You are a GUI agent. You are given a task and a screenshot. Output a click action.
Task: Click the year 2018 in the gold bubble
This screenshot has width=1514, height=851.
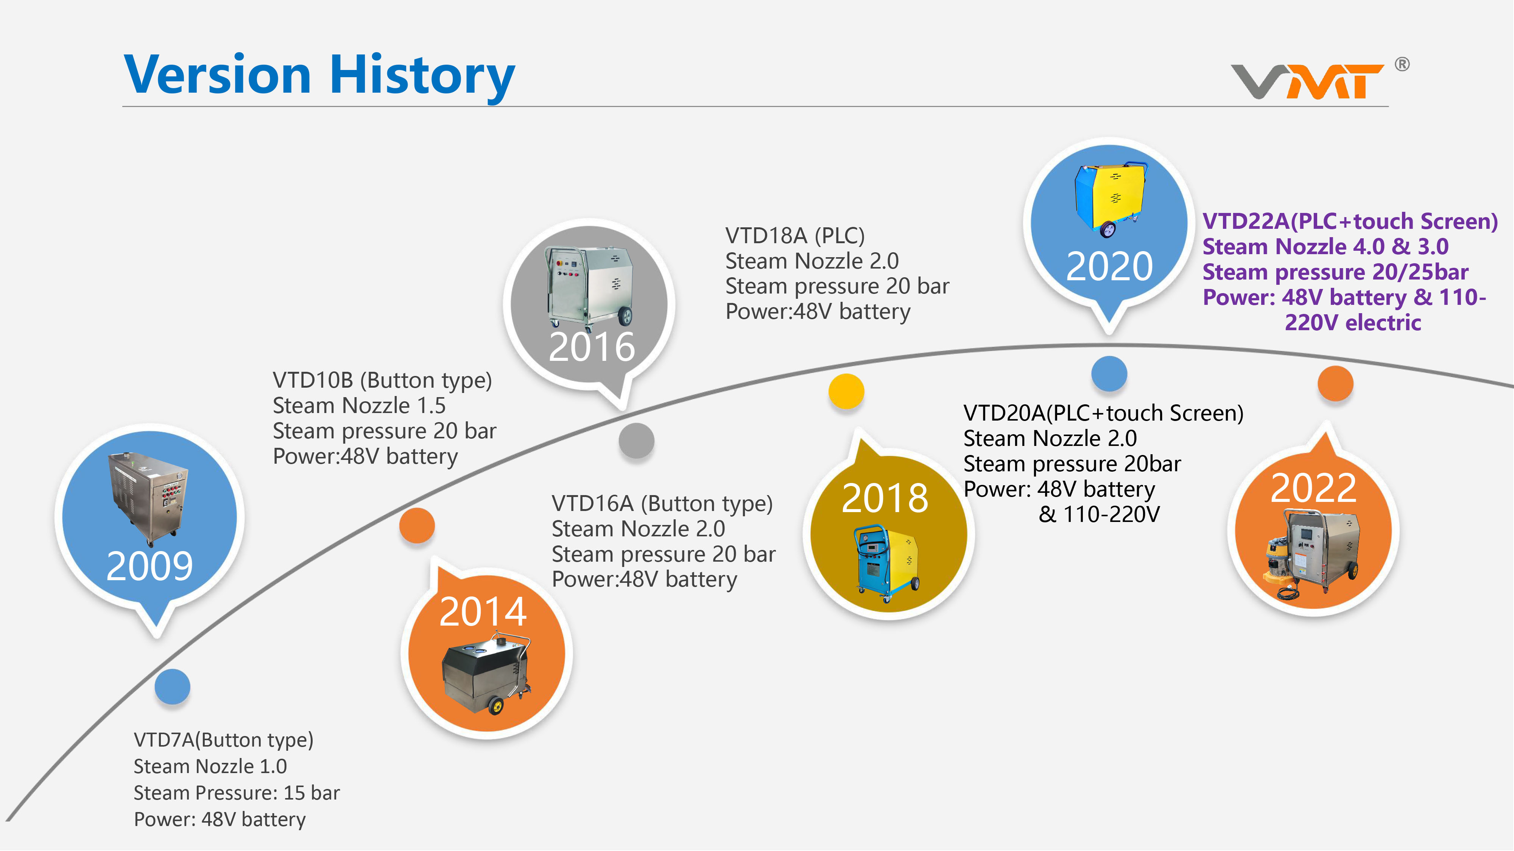(x=885, y=498)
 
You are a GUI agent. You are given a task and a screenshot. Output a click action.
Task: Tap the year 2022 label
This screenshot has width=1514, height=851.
(x=1313, y=488)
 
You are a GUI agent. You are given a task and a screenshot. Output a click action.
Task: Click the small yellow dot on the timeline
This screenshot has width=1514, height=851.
(x=846, y=391)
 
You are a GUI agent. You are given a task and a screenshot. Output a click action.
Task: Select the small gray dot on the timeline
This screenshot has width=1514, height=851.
(x=637, y=441)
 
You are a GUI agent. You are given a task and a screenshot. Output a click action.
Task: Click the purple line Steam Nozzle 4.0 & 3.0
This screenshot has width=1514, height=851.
(x=1326, y=247)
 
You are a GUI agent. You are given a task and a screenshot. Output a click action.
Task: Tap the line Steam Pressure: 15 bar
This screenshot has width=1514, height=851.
(x=237, y=793)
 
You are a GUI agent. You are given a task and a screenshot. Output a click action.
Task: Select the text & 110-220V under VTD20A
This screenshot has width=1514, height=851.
(x=1099, y=514)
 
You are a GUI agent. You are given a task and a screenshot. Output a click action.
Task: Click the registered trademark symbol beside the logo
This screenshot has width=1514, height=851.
(x=1402, y=64)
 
